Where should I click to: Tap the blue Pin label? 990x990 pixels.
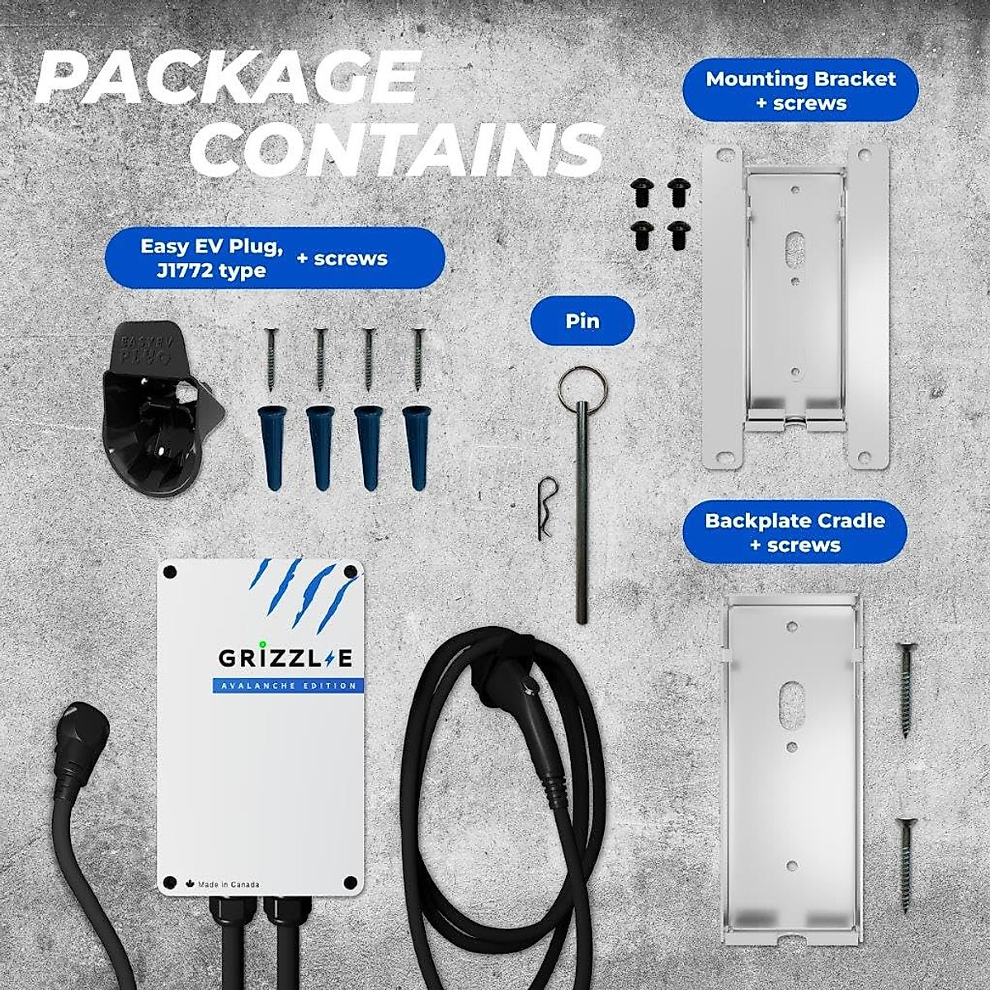582,320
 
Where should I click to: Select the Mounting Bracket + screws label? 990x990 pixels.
800,91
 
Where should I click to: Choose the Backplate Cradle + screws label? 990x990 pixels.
794,532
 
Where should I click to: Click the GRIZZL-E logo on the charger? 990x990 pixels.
285,658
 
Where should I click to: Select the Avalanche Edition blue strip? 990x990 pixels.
285,686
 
